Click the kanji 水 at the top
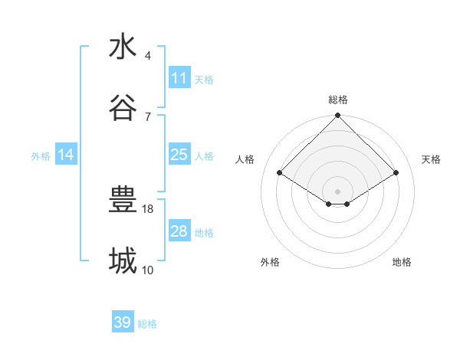point(123,47)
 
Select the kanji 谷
point(123,108)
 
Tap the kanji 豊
point(123,201)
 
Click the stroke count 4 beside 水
point(147,56)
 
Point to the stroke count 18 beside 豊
point(149,208)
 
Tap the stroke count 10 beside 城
point(148,270)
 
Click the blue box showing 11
point(179,78)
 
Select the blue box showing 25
point(179,155)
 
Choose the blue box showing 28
point(179,231)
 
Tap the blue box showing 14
point(66,155)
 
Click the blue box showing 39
point(123,322)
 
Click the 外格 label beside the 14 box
point(41,155)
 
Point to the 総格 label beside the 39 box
point(147,324)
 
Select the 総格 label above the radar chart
point(338,100)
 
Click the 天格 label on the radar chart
point(431,159)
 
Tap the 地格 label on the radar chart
point(402,262)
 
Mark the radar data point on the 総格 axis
point(338,116)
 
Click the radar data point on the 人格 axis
point(280,173)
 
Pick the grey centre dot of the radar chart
point(338,191)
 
